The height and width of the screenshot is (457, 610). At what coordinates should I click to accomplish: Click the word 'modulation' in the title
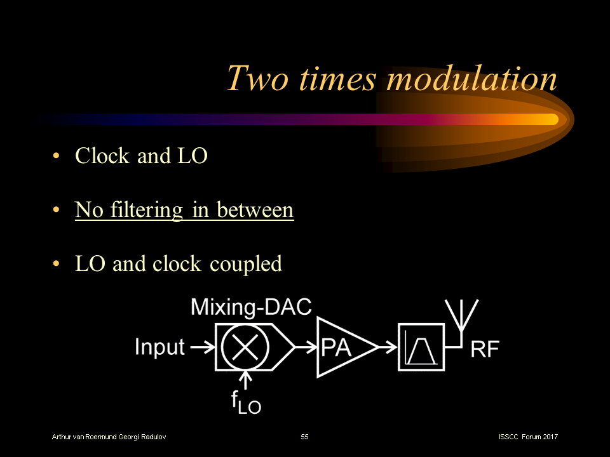click(x=472, y=78)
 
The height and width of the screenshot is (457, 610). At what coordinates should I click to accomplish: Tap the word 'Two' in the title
click(x=257, y=78)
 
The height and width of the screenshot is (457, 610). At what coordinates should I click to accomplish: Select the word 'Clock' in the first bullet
click(x=102, y=156)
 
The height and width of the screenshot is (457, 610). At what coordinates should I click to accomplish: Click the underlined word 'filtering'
click(x=147, y=211)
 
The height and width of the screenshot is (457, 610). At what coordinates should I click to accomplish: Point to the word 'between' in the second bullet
click(x=255, y=210)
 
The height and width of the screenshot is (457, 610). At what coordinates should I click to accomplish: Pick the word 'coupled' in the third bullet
click(x=246, y=265)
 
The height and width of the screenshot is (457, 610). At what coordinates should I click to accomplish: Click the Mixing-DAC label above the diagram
click(x=251, y=307)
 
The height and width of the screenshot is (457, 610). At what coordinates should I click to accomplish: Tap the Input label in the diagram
click(x=159, y=347)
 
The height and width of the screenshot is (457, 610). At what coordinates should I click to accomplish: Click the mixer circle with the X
click(x=245, y=347)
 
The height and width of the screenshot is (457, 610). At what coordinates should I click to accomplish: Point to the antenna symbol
click(x=461, y=317)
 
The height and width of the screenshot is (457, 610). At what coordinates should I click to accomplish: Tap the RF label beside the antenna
click(x=485, y=349)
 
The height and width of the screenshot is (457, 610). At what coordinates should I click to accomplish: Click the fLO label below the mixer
click(x=246, y=402)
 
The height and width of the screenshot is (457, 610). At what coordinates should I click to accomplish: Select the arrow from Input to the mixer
click(x=202, y=347)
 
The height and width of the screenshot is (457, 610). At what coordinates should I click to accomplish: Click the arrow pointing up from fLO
click(x=245, y=380)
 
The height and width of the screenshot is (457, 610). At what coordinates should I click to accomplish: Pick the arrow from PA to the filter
click(x=388, y=347)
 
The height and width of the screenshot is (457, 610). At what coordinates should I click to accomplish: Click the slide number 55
click(x=304, y=437)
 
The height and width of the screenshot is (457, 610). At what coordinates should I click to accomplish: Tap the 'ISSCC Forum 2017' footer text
click(x=528, y=437)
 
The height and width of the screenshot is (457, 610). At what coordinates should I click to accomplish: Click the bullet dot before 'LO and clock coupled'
click(x=56, y=264)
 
